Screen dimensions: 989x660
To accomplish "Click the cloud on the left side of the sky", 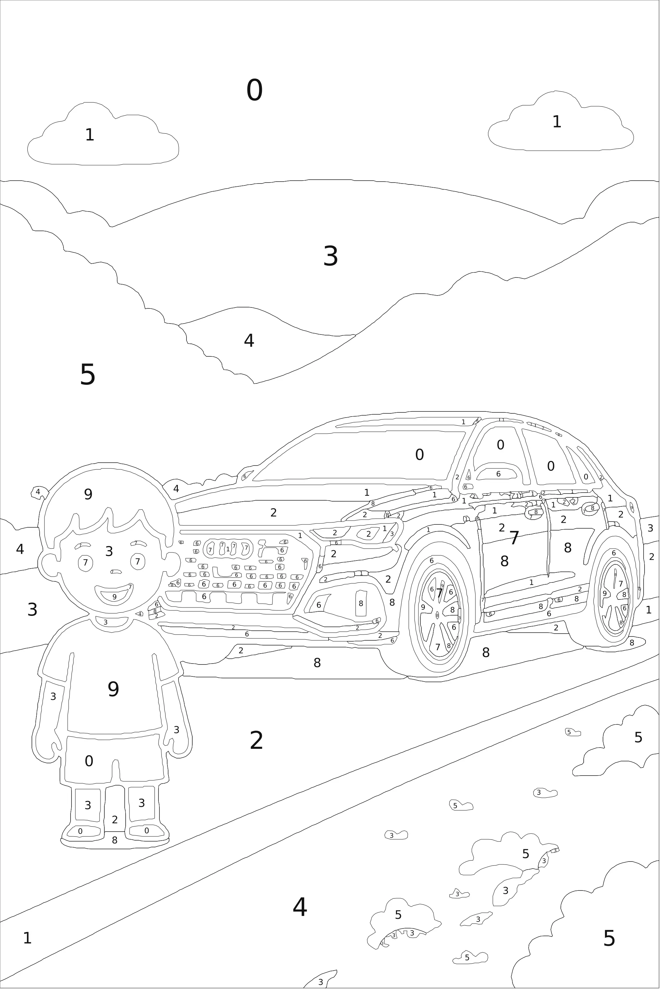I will tap(103, 139).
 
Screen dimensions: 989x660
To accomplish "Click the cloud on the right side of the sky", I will tap(560, 126).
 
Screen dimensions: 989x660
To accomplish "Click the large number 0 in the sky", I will tap(254, 90).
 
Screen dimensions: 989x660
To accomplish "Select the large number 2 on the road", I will tap(256, 741).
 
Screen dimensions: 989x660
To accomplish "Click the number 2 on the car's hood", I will tap(273, 513).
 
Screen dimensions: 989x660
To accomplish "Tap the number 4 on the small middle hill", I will tap(249, 341).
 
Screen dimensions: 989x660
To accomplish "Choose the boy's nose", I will tap(115, 572).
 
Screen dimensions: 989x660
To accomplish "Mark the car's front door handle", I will tap(535, 513).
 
